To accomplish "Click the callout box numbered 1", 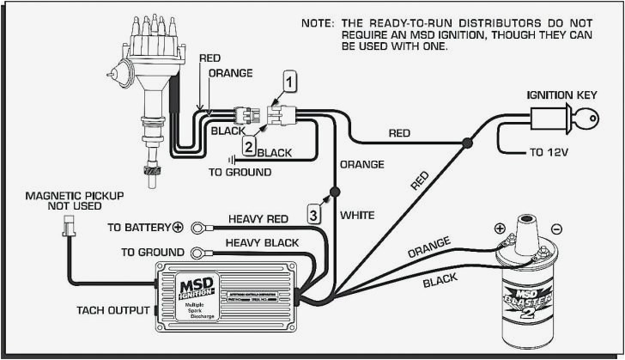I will (x=291, y=82).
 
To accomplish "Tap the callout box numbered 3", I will (x=314, y=214).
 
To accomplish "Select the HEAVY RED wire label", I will (x=258, y=218).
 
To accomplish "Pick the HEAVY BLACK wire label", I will (x=262, y=243).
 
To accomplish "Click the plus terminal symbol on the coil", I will (x=498, y=229).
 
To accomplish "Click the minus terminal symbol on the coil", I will (x=556, y=229).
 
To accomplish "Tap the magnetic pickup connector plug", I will (x=68, y=227).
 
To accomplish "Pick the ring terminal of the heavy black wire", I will (x=200, y=252).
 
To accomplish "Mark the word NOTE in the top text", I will (x=319, y=23).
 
